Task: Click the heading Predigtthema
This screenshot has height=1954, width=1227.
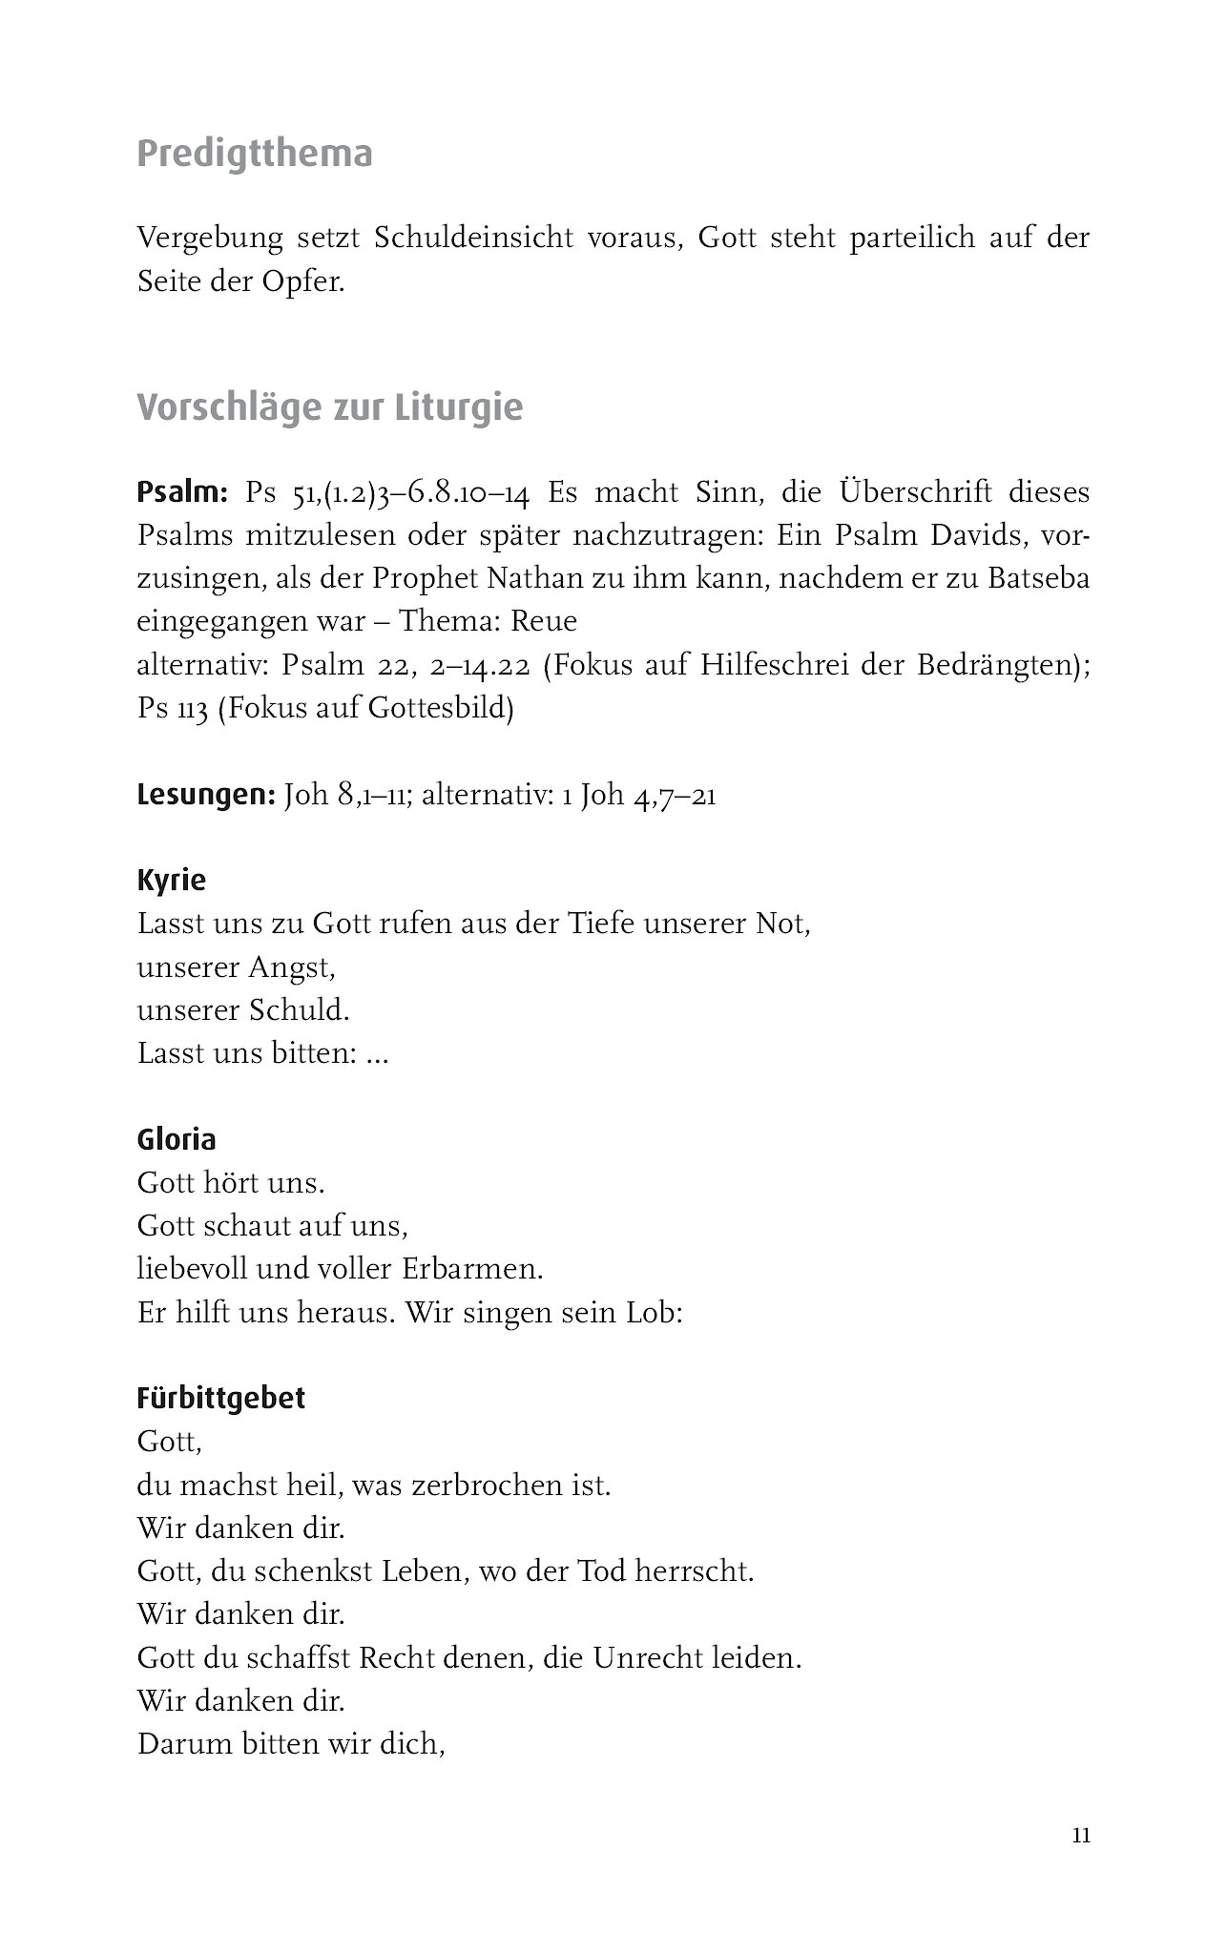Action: pos(255,155)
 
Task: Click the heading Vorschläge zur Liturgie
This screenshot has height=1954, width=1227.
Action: pos(330,408)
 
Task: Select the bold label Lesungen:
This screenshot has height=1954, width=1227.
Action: pos(206,795)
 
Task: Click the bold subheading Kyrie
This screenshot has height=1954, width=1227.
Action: pos(172,880)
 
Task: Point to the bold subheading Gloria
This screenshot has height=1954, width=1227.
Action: pos(177,1139)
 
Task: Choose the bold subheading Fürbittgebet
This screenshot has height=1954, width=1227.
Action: pos(221,1399)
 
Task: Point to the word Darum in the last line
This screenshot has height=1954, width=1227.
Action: pos(182,1744)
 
